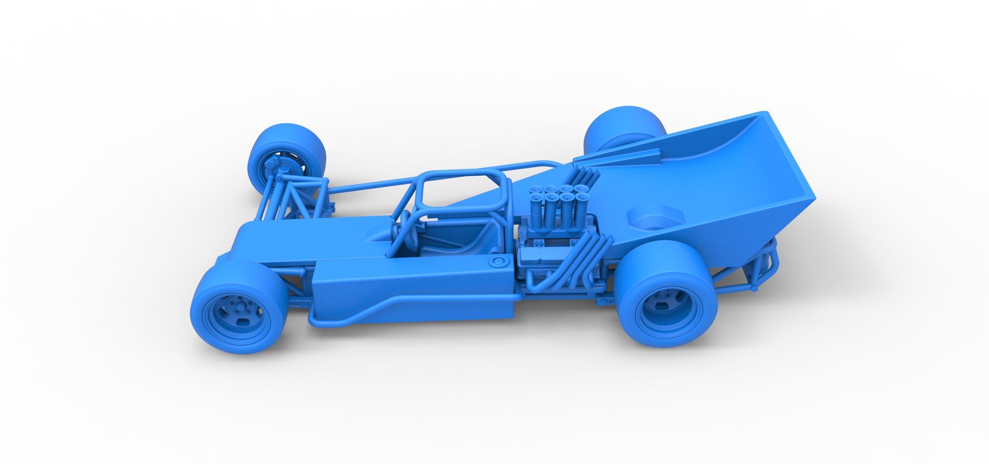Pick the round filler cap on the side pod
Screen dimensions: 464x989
click(498, 261)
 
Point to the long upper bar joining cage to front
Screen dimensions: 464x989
click(371, 183)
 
